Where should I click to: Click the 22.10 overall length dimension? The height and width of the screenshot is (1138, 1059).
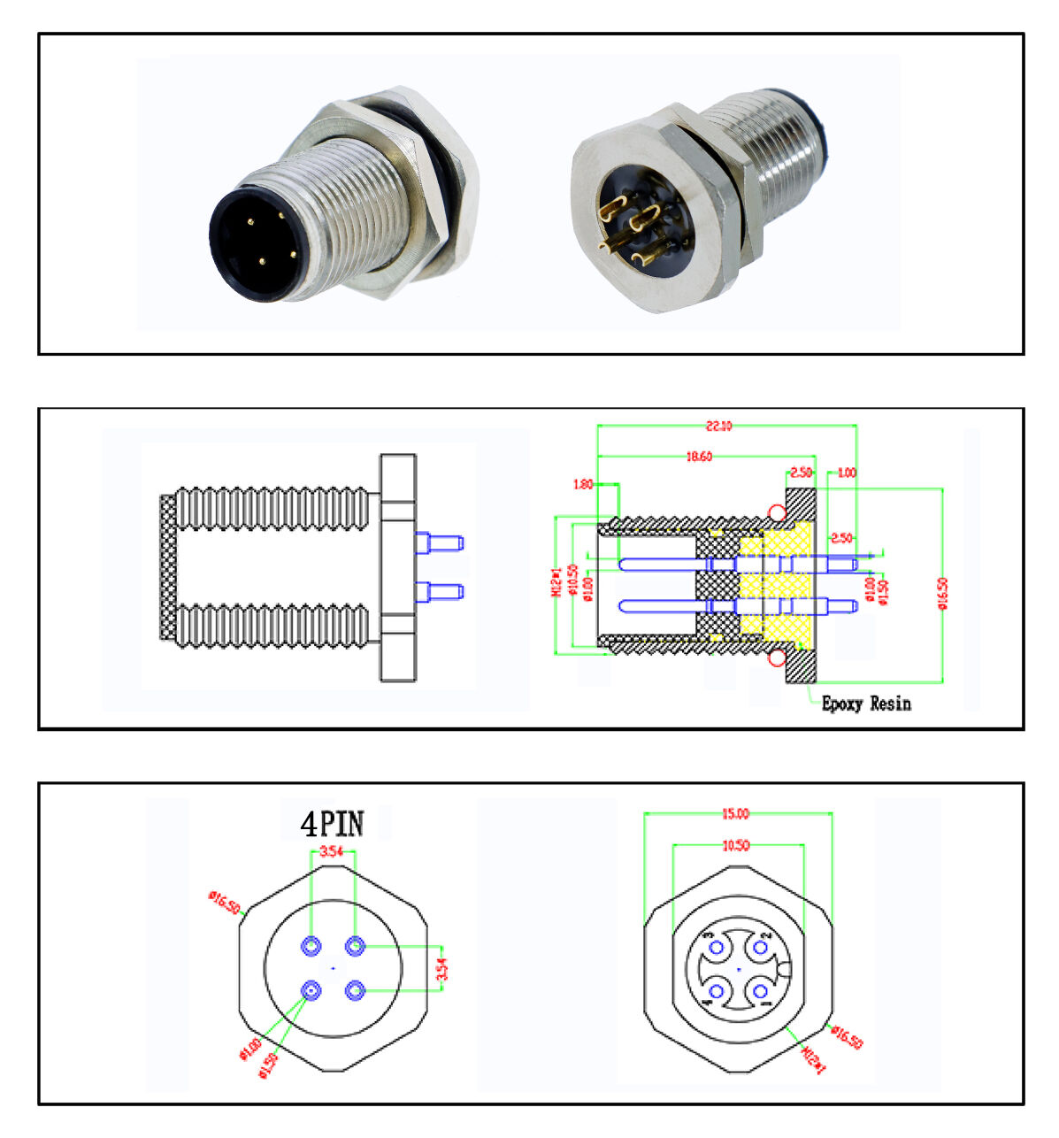point(718,426)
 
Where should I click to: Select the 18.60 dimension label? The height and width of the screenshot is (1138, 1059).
point(699,457)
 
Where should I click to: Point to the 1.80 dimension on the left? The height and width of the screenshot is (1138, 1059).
point(582,484)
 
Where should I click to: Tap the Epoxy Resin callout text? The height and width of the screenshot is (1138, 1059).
point(865,704)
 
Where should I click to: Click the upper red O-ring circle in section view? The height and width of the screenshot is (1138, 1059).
point(777,512)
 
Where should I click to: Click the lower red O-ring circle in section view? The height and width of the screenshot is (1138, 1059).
point(777,658)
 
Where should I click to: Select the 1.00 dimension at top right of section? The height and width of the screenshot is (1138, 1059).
point(846,473)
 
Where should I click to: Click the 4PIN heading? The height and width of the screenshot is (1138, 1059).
point(332,824)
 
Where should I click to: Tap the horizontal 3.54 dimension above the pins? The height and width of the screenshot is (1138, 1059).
point(332,851)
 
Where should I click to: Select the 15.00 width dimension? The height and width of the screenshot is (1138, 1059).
point(735,813)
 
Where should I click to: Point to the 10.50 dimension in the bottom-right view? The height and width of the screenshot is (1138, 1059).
point(735,845)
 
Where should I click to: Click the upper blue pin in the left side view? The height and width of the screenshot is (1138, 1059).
point(440,542)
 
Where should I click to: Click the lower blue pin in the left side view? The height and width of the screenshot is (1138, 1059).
point(440,591)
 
